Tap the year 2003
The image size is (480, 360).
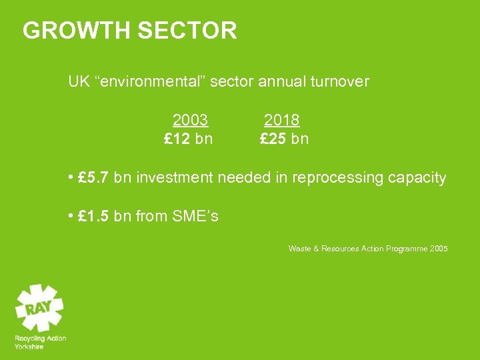(190, 121)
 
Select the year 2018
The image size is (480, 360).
(281, 121)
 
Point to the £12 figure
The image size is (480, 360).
(178, 139)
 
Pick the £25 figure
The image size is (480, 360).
(273, 139)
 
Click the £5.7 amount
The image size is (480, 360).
(93, 178)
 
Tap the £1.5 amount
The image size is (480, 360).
(93, 217)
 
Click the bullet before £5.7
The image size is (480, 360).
(71, 178)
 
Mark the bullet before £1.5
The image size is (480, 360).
(71, 217)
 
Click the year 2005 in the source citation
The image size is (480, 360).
(439, 249)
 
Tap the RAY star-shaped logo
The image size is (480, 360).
(39, 307)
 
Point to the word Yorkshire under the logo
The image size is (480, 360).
(29, 347)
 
